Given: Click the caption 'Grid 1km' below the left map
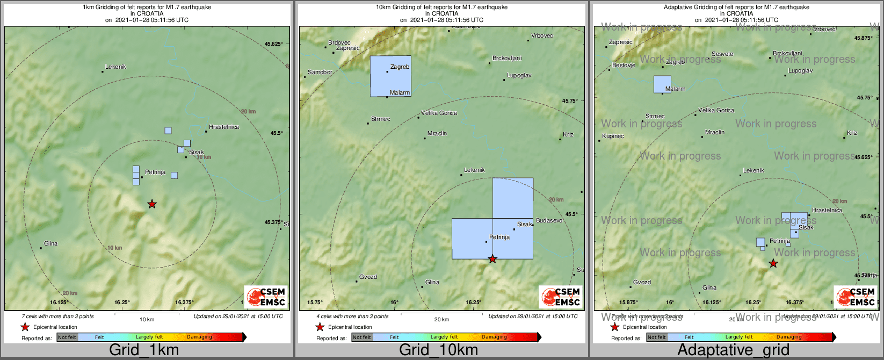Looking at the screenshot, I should coord(144,350).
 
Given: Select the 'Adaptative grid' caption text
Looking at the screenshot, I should coord(733,350).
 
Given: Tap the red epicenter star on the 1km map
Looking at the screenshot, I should coord(152,204).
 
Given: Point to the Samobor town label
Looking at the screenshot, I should coord(320,72).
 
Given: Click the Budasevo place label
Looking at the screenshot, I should coord(549,221).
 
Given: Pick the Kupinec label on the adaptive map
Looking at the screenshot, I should coord(613,136).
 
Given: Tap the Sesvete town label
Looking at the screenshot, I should coord(722,54).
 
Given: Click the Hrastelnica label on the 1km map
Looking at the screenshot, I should coord(224,127).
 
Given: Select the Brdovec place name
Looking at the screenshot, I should coord(339,43).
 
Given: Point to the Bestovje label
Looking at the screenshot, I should coord(624,66).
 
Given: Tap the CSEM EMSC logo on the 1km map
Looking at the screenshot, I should coord(265,297).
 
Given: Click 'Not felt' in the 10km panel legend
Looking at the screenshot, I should coord(362,337).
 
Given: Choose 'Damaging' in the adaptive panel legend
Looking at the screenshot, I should coord(789,337).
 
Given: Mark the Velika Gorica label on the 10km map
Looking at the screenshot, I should coord(439,113).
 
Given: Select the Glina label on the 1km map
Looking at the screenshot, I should coord(51,244).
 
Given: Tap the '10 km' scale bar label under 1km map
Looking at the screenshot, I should coord(147,320).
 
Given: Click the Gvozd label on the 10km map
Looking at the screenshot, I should coord(368,277).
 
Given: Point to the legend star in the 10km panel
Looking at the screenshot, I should coord(320,327).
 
